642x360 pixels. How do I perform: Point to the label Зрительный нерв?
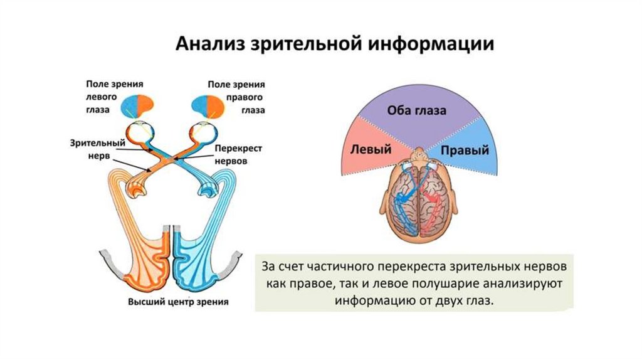95,149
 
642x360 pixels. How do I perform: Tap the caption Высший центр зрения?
178,302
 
